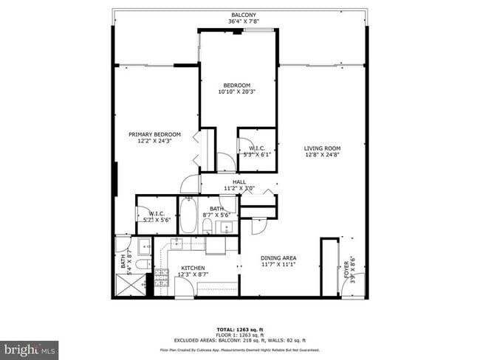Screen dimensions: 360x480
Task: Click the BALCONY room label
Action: coord(243,15)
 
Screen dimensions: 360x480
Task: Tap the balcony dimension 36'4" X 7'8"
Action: coord(243,21)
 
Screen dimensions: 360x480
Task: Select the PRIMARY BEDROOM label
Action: coord(154,134)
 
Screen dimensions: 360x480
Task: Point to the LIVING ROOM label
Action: coord(322,148)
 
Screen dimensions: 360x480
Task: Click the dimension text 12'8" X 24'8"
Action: coord(322,155)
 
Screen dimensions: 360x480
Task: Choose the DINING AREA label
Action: coord(278,258)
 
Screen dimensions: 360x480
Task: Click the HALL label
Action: coord(239,181)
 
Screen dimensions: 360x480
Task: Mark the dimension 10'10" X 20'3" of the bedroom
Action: coord(238,92)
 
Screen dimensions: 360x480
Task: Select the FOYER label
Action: coord(346,267)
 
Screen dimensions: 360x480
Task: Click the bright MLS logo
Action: coord(30,347)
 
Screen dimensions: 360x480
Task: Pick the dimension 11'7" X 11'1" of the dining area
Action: coord(278,265)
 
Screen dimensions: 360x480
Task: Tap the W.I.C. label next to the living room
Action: coord(256,148)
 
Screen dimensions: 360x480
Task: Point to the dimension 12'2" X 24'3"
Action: coord(154,141)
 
